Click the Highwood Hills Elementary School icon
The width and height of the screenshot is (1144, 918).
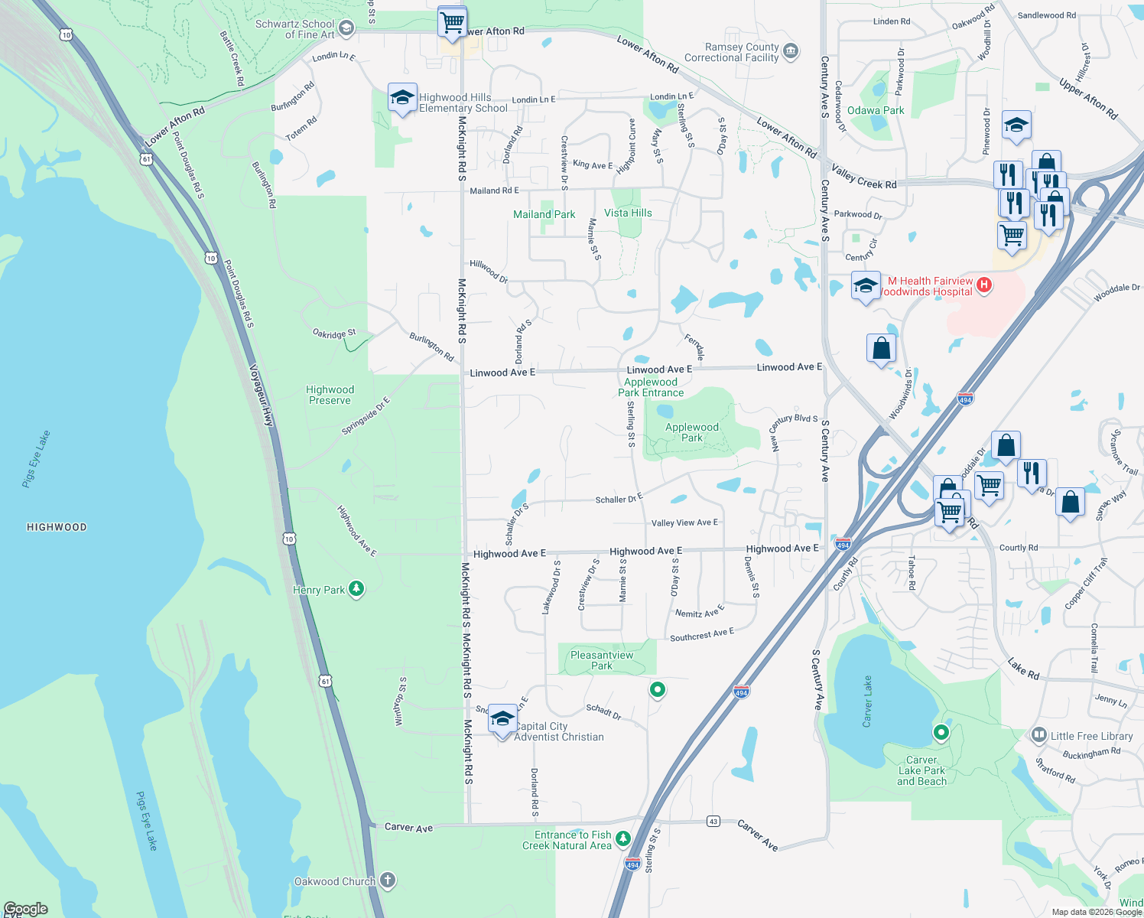tap(402, 98)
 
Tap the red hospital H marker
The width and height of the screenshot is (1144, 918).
tap(984, 285)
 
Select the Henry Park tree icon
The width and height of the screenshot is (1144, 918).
tap(356, 588)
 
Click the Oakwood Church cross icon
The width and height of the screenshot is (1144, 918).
tap(388, 880)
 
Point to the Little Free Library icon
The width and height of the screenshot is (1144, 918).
tap(1038, 735)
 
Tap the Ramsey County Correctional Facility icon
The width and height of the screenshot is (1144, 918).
tap(791, 52)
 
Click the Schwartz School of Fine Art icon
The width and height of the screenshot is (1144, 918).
tap(346, 29)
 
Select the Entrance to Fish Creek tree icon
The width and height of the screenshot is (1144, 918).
tap(623, 839)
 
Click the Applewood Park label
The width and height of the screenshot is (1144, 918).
tap(691, 432)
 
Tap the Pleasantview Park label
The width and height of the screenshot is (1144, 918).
tap(602, 660)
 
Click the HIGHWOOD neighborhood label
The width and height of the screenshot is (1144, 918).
tap(57, 527)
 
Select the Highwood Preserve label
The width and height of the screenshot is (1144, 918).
tap(330, 395)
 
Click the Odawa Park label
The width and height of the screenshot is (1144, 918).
tap(876, 110)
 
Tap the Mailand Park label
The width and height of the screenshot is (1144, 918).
tap(544, 214)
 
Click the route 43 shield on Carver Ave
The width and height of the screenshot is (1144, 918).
tap(713, 821)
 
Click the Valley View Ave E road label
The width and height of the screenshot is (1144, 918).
tap(684, 522)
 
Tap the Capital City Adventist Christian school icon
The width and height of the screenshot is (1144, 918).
tap(502, 719)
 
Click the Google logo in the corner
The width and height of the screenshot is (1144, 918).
tap(26, 909)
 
